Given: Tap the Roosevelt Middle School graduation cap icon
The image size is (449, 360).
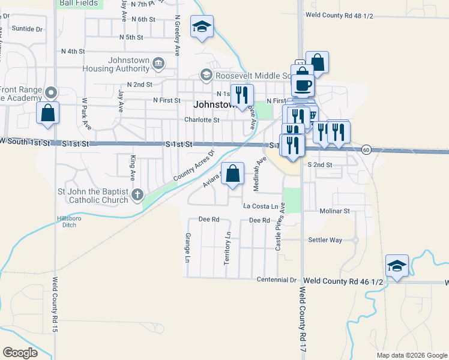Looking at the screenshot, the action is (206, 75).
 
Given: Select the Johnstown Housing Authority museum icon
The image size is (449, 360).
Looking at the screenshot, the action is (158, 63).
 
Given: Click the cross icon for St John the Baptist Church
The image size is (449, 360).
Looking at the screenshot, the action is (138, 194).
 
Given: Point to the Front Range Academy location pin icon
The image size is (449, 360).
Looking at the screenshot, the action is (52, 93).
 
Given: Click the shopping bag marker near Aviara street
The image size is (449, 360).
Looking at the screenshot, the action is (234, 174).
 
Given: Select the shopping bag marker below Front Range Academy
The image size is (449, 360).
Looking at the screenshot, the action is (47, 112).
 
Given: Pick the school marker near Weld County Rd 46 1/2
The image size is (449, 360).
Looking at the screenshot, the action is (397, 266).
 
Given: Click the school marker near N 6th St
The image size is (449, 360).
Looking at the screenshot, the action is (202, 26).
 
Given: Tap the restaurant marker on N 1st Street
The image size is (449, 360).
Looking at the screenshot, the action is (243, 95).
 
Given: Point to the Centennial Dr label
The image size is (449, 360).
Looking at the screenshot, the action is (277, 280).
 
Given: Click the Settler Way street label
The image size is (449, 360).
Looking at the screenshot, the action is (325, 240).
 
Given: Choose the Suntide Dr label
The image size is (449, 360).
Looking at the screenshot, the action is (28, 28).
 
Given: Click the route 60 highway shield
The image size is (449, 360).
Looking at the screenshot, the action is (366, 149).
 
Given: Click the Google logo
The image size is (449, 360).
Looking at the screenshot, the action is (20, 353).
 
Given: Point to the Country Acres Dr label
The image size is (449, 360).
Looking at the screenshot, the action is (193, 167).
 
